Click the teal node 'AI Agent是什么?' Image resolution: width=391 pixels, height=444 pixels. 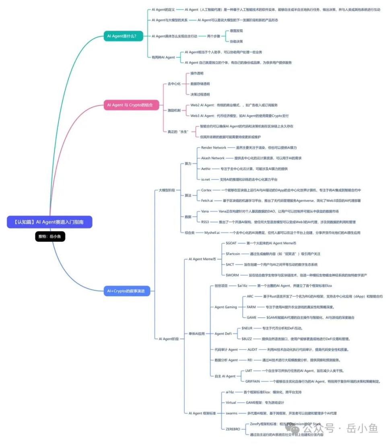click(x=121, y=36)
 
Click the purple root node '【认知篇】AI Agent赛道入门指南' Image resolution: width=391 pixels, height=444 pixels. click(x=50, y=222)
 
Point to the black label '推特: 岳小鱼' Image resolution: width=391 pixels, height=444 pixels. click(x=50, y=237)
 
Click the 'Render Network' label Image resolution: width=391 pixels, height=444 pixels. click(x=214, y=148)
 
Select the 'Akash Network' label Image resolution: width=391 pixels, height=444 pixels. click(x=213, y=158)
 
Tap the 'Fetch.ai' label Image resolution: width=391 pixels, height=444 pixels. click(x=207, y=200)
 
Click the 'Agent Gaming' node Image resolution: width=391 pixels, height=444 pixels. click(x=226, y=307)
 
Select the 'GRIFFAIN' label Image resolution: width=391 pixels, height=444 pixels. click(x=253, y=381)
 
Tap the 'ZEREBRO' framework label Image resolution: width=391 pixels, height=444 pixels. click(x=233, y=429)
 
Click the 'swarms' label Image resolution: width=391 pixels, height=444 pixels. click(x=231, y=413)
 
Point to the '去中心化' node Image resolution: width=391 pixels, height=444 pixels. click(x=174, y=84)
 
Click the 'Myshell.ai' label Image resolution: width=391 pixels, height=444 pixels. click(x=212, y=232)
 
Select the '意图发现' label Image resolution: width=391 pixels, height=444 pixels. click(x=236, y=31)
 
